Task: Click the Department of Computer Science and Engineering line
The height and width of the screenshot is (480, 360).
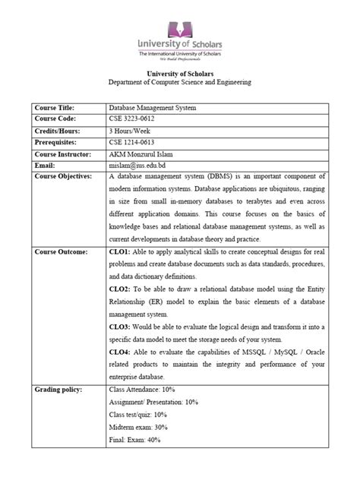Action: (179, 82)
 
